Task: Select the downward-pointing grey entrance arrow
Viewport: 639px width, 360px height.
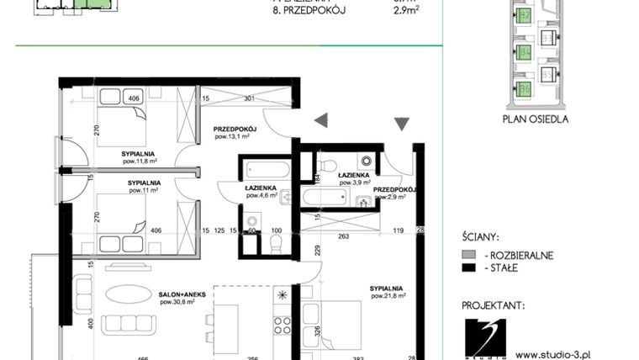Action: pos(402,124)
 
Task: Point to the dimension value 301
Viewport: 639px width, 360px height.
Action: pos(248,99)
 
